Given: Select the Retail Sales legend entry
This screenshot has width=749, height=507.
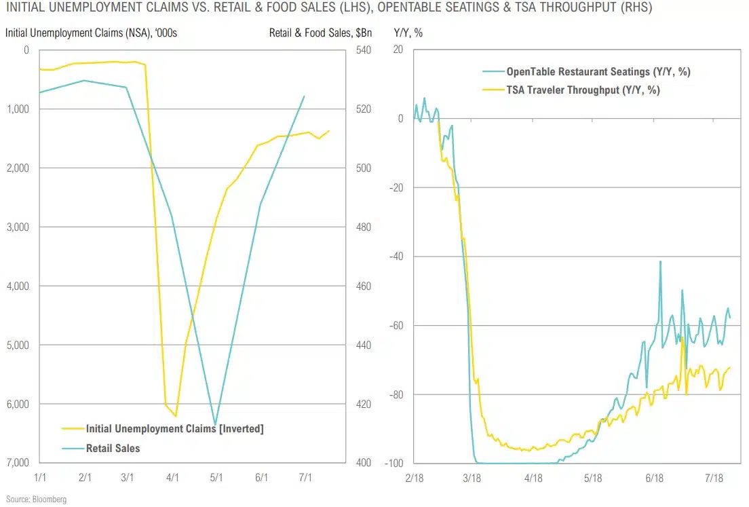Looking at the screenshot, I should (x=113, y=448).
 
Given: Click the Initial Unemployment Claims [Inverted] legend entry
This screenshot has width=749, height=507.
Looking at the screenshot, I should (x=174, y=429).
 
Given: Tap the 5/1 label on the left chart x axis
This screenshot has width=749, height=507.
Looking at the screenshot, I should (x=216, y=477).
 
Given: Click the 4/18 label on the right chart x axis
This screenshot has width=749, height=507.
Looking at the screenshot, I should (x=533, y=477).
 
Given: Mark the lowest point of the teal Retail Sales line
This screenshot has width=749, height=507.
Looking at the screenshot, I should (x=216, y=425).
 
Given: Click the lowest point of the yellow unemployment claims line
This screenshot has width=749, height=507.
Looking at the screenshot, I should (x=176, y=416).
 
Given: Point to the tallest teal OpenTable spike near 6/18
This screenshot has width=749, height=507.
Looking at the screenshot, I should (x=660, y=261).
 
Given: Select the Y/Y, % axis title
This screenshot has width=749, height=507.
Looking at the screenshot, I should (x=408, y=32).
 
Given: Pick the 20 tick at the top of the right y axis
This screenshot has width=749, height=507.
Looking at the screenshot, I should (x=398, y=50).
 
